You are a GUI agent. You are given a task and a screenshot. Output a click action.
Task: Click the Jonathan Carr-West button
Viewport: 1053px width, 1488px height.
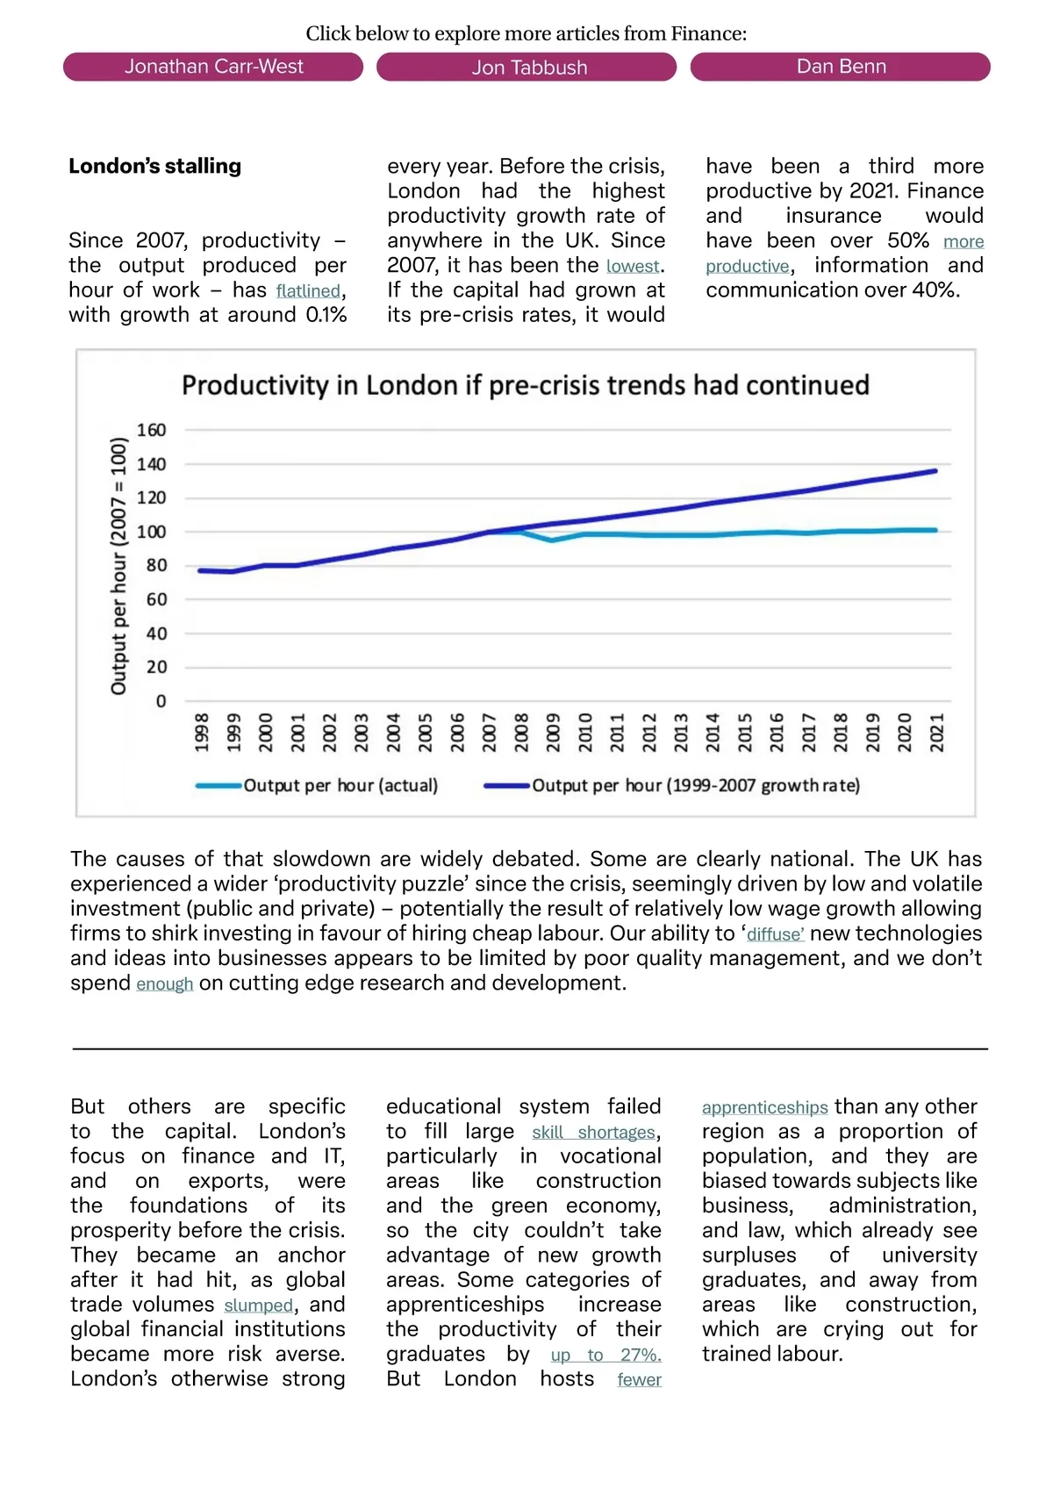point(213,67)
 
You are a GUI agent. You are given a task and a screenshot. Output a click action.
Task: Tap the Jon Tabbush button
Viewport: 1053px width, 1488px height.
point(526,68)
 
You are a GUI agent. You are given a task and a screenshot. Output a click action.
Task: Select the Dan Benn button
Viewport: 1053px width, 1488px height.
point(841,67)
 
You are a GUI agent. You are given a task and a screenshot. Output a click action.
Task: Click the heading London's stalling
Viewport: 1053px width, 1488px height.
point(154,166)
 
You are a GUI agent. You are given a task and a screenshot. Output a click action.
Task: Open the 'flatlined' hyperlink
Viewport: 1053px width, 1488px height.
point(308,290)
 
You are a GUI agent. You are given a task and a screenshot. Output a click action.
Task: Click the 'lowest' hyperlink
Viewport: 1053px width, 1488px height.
point(633,266)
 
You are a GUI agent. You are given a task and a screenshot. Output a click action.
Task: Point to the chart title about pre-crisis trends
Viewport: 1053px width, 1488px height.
point(525,385)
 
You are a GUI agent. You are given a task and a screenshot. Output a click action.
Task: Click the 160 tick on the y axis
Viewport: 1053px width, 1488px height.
point(151,430)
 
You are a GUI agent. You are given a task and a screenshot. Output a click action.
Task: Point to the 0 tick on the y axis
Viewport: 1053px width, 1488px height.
point(161,701)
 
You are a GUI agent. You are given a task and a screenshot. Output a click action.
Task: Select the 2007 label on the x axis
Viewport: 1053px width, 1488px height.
point(490,732)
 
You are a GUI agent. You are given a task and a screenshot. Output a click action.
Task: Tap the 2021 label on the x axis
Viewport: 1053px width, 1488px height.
point(937,732)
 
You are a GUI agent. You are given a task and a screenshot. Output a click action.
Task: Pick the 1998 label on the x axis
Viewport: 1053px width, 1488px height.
point(202,732)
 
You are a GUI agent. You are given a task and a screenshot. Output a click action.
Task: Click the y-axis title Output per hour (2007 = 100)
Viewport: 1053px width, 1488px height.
point(118,566)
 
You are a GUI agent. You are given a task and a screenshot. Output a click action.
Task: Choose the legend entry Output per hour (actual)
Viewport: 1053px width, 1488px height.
point(340,785)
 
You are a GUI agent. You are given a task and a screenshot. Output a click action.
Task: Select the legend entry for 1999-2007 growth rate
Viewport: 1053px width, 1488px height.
point(695,785)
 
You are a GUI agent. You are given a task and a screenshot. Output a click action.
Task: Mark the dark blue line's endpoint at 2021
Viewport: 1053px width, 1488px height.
point(935,471)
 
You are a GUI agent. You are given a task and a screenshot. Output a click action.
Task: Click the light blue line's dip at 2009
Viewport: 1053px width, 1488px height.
point(552,540)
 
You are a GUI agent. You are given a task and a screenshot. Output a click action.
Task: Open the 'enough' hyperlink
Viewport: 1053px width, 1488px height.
point(164,984)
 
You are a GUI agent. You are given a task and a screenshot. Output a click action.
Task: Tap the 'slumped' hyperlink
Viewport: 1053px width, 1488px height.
point(258,1306)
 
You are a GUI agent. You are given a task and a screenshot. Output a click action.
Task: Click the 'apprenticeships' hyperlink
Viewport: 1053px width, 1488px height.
point(764,1107)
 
